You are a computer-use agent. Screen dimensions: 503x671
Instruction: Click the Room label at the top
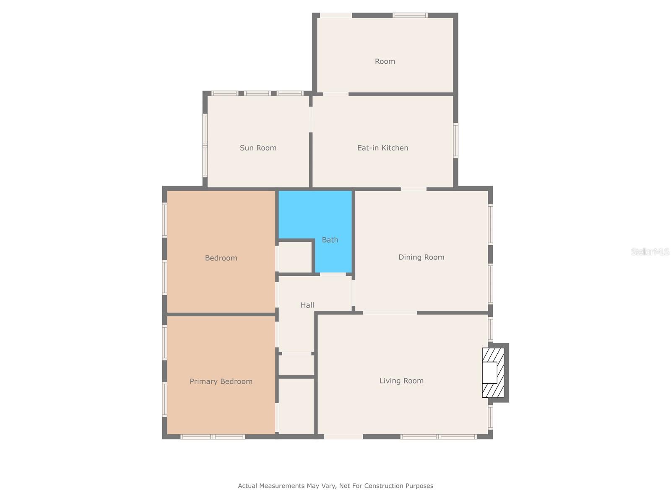(x=385, y=62)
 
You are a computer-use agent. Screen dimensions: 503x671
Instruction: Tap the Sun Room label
(x=258, y=148)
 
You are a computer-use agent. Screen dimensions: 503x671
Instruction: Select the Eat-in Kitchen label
(x=382, y=148)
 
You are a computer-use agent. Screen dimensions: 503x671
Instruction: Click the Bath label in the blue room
(x=330, y=240)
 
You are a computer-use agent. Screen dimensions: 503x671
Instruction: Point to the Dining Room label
(x=421, y=257)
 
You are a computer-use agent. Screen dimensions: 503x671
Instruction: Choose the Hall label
(x=307, y=305)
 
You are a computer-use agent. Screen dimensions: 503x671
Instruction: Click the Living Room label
(x=401, y=381)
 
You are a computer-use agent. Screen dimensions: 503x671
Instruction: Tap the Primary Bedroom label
(x=221, y=381)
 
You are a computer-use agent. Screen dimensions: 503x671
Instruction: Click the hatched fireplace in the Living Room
(x=493, y=373)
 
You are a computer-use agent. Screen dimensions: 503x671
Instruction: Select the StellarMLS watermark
(x=650, y=251)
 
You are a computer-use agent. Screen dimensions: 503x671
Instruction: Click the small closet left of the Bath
(x=295, y=257)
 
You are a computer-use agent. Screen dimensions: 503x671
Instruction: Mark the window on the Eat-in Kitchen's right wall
(x=456, y=140)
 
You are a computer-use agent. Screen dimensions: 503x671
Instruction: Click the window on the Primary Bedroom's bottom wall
(x=213, y=437)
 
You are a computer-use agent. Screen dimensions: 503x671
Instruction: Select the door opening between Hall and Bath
(x=333, y=274)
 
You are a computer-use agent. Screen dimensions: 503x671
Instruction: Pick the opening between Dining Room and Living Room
(x=390, y=313)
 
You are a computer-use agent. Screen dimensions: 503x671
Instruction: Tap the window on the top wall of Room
(x=410, y=16)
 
